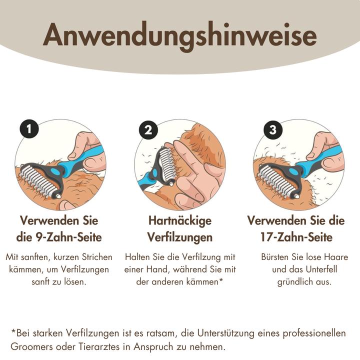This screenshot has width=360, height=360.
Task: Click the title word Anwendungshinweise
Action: pyautogui.click(x=179, y=36)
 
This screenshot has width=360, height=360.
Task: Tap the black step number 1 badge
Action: pyautogui.click(x=30, y=129)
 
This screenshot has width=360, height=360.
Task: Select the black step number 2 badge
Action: pyautogui.click(x=148, y=130)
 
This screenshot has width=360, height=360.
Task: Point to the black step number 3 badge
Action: pyautogui.click(x=272, y=130)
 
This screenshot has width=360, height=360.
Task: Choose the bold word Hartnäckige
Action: pyautogui.click(x=179, y=220)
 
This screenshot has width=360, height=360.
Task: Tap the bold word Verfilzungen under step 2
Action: pyautogui.click(x=179, y=236)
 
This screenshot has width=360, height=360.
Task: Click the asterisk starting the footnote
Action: pyautogui.click(x=13, y=331)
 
